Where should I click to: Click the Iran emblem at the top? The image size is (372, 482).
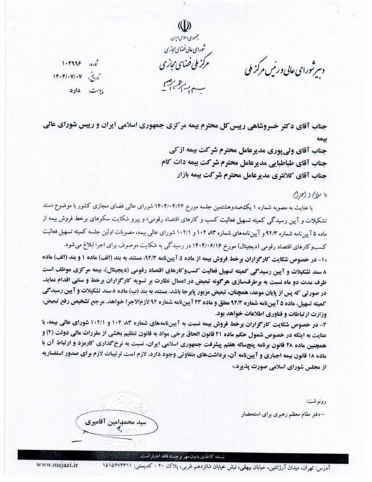pyautogui.click(x=184, y=26)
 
